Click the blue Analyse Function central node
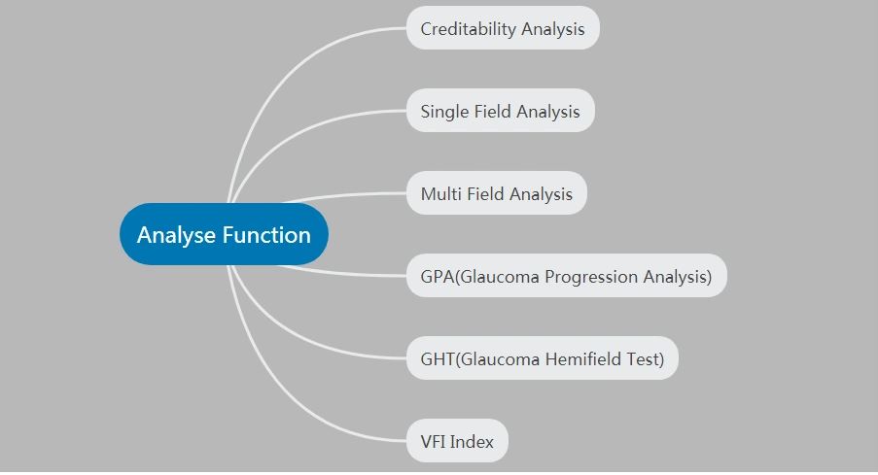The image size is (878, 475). pos(224,234)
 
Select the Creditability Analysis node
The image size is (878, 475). pos(503,28)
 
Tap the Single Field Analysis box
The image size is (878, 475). pos(500,111)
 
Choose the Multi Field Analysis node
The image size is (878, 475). pos(497,193)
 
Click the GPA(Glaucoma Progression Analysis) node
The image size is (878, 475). pos(567,276)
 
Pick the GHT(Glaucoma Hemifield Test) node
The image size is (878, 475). pos(542,358)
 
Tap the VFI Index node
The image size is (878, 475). pos(457,441)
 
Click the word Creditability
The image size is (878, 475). pos(468,29)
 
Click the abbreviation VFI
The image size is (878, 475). pos(433,441)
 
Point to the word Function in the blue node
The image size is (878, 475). pos(266,235)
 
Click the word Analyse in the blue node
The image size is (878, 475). pos(177,235)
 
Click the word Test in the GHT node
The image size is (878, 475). pos(645,358)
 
